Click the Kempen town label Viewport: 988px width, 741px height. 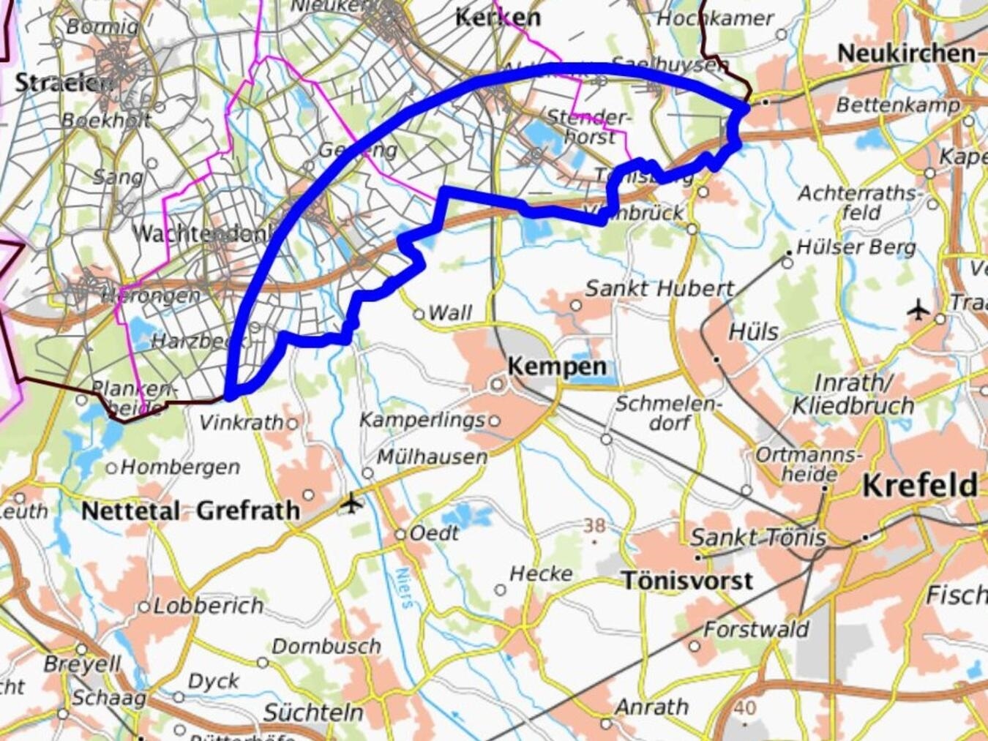(x=556, y=366)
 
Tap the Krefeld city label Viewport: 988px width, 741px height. (x=919, y=485)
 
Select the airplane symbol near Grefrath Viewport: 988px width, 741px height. (x=352, y=503)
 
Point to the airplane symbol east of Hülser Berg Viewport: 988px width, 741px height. (x=918, y=309)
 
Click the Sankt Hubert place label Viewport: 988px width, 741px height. (x=659, y=288)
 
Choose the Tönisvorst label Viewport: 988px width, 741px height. (x=687, y=580)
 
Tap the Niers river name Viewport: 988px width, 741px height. (x=404, y=587)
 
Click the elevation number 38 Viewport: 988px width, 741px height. (x=594, y=525)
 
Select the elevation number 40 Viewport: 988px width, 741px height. (x=744, y=707)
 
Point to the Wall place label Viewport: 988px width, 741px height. (x=449, y=313)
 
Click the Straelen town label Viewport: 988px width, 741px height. (x=63, y=82)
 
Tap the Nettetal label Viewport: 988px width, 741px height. (x=130, y=511)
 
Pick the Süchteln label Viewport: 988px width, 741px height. (x=313, y=712)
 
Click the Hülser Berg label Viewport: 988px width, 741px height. (x=856, y=247)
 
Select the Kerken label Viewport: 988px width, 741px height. (x=498, y=17)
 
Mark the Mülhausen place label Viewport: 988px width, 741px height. (x=432, y=456)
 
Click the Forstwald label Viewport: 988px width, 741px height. (x=756, y=629)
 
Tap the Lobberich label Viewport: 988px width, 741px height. (x=208, y=606)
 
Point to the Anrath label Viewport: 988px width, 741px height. (x=651, y=707)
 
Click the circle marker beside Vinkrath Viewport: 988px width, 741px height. (x=292, y=424)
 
